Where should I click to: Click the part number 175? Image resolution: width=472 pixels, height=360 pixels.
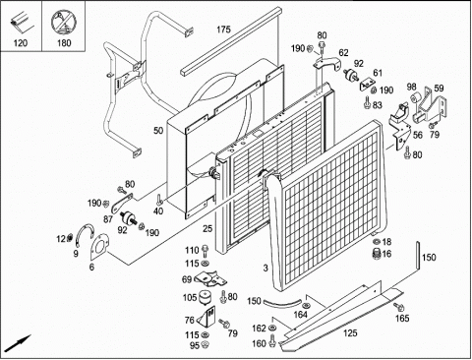(223, 30)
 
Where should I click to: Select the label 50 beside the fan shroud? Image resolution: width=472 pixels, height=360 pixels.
(158, 131)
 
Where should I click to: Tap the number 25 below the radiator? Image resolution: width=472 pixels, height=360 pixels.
(207, 228)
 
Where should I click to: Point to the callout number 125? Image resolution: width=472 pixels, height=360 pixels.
(350, 333)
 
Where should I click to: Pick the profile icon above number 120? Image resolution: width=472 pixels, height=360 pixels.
(21, 23)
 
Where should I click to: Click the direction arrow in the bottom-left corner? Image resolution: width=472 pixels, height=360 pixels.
(19, 343)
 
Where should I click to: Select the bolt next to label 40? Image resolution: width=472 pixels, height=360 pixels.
(159, 200)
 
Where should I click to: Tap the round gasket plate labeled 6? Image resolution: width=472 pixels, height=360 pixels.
(99, 247)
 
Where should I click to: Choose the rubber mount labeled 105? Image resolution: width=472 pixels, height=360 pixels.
(205, 297)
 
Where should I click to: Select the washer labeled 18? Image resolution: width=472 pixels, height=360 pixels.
(377, 242)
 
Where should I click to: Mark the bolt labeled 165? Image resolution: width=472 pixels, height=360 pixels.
(398, 307)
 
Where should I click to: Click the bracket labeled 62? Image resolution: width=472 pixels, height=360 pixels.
(326, 63)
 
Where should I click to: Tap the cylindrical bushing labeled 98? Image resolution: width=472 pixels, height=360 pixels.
(417, 97)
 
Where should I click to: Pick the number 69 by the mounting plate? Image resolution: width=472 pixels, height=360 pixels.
(187, 279)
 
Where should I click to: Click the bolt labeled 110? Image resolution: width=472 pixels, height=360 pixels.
(206, 251)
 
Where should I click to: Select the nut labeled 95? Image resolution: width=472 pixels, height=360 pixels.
(205, 344)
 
